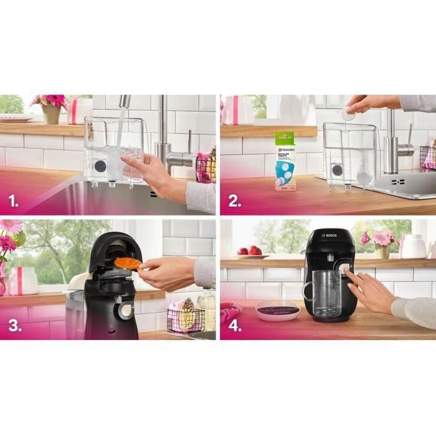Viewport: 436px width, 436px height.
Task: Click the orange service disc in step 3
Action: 128,263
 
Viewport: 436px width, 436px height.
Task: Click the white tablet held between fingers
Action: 349,115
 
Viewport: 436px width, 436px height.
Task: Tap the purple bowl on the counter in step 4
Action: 278,309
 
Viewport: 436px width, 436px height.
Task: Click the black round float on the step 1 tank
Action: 100,166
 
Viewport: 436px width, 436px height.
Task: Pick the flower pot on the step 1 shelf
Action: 51,114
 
